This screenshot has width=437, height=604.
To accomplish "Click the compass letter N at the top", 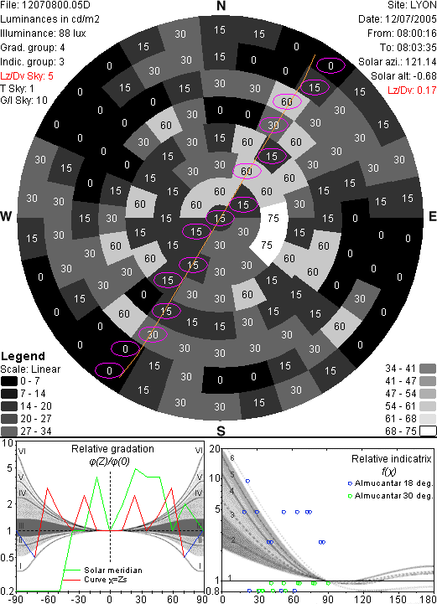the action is click(x=221, y=6).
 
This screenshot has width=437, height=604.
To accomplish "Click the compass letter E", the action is click(x=433, y=216).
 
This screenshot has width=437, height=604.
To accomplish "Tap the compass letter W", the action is click(x=6, y=216).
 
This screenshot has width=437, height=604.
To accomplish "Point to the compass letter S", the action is click(x=221, y=431).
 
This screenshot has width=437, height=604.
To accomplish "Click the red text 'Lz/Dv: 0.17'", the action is click(x=412, y=90).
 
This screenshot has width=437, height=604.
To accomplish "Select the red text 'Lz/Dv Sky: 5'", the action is click(x=27, y=76).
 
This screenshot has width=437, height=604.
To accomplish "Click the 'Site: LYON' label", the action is click(x=412, y=5).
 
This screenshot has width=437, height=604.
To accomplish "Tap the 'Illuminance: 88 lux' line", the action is click(x=44, y=34).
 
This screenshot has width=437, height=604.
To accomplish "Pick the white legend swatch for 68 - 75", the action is click(x=428, y=431).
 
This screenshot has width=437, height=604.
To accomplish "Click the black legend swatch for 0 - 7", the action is click(x=9, y=381).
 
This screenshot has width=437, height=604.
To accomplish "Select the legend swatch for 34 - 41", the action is click(x=428, y=369).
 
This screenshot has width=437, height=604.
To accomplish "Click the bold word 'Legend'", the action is click(x=23, y=356).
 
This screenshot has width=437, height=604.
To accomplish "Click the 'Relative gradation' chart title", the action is click(x=112, y=449).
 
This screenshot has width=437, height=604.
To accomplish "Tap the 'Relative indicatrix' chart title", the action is click(x=391, y=459).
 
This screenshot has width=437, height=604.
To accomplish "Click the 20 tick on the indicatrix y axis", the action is click(x=215, y=449).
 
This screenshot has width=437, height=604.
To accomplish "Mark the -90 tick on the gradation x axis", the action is click(x=15, y=599).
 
